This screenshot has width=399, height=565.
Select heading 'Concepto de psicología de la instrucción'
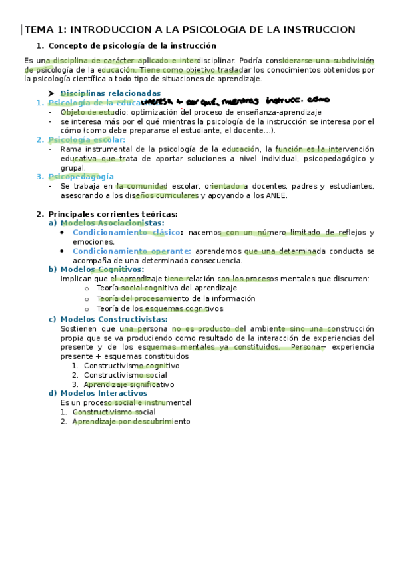[x=133, y=45]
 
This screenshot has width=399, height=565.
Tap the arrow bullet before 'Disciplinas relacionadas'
[x=51, y=93]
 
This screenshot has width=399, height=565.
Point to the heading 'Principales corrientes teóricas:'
[x=113, y=213]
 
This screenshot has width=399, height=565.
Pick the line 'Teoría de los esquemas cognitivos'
[x=159, y=308]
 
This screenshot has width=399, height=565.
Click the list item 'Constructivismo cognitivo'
[x=131, y=366]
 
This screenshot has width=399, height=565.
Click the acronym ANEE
[x=276, y=195]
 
